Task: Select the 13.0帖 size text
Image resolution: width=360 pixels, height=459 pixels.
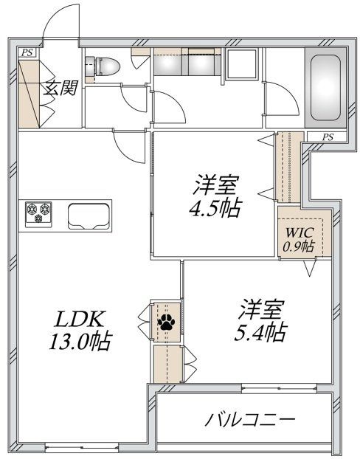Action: click(x=81, y=343)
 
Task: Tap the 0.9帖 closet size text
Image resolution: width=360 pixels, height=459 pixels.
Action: click(x=300, y=246)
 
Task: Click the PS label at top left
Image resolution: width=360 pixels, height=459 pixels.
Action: click(x=27, y=52)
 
